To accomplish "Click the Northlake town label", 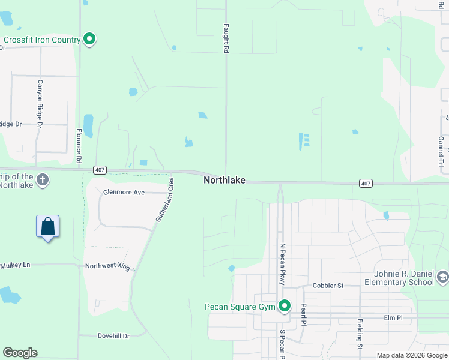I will pyautogui.click(x=224, y=180).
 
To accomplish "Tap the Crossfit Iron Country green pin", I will pyautogui.click(x=90, y=40).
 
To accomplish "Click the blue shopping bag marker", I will pyautogui.click(x=47, y=227).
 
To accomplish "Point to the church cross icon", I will pyautogui.click(x=42, y=179).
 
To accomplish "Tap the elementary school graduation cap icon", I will pyautogui.click(x=442, y=277).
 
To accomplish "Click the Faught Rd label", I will pyautogui.click(x=226, y=40).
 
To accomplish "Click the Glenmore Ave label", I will pyautogui.click(x=124, y=192).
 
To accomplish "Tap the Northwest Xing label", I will pyautogui.click(x=107, y=266).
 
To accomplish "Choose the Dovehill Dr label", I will pyautogui.click(x=113, y=336).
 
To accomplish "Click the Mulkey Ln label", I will pyautogui.click(x=15, y=265).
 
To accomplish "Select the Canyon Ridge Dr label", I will pyautogui.click(x=40, y=103).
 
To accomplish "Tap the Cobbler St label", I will pyautogui.click(x=327, y=286).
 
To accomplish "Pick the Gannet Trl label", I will pyautogui.click(x=441, y=151).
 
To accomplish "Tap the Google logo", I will pyautogui.click(x=20, y=353).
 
